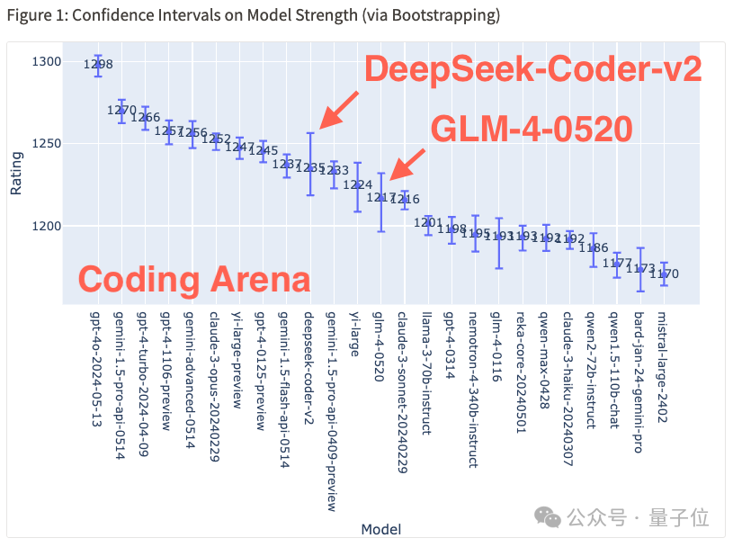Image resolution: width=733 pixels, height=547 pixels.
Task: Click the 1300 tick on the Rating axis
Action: point(48,61)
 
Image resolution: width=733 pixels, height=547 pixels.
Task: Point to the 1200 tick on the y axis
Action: point(48,226)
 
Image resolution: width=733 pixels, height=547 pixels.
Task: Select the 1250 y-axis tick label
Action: point(48,144)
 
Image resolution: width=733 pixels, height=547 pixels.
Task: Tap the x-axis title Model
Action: point(380,529)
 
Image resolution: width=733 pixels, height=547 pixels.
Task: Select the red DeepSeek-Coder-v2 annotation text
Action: point(531,69)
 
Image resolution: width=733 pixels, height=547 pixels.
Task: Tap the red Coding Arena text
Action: point(193,279)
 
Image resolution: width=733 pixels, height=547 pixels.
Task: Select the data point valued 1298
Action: point(98,65)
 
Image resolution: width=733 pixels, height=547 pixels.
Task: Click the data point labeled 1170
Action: point(664,273)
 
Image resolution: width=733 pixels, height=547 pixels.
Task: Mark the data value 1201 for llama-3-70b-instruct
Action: point(428,222)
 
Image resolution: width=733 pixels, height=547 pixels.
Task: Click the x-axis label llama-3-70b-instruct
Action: point(428,372)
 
